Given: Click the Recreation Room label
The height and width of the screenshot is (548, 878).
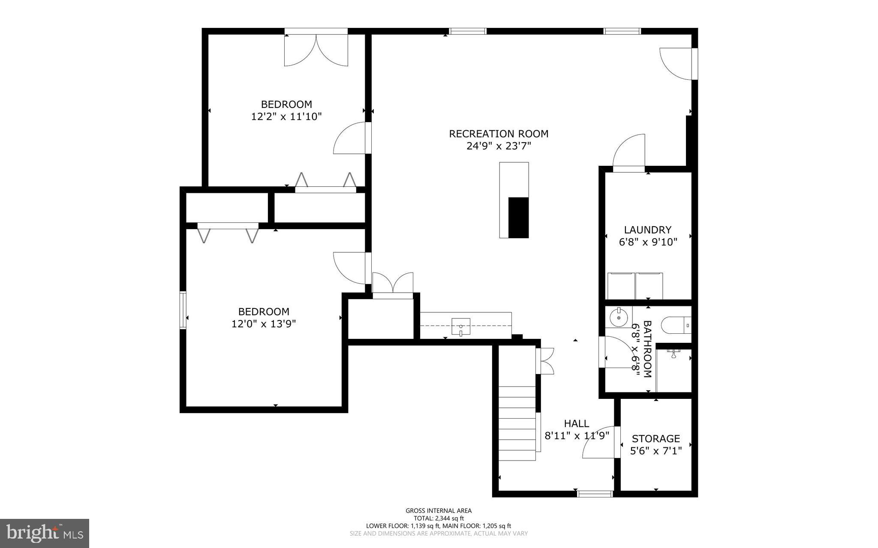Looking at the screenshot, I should pos(498,134).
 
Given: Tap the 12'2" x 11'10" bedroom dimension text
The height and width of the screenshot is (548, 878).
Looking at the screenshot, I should pos(286,117).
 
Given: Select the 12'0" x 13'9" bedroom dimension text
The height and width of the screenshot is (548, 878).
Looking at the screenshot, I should pos(263,324).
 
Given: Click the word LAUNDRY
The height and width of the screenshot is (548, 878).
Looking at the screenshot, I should pos(647,230).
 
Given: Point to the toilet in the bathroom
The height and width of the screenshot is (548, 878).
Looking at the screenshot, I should pos(674,325).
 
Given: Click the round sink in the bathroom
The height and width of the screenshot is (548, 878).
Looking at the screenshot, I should pos(618,318).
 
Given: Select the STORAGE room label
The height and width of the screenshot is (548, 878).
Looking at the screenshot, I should pos(655,438).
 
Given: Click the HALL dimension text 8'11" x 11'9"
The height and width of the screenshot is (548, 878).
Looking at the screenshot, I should pos(576,436).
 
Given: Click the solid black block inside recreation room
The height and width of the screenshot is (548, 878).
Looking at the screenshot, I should pos(518,217).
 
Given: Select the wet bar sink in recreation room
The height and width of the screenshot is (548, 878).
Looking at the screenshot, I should pos(460,326).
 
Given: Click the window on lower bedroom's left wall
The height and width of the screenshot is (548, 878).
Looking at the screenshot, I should pos(183,310).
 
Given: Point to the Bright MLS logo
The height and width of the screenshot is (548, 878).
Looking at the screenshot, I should pos(44,533).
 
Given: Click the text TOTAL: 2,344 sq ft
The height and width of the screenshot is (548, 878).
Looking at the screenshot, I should pos(438,518).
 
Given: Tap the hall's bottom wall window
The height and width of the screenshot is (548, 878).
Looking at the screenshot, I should pos(595,494).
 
